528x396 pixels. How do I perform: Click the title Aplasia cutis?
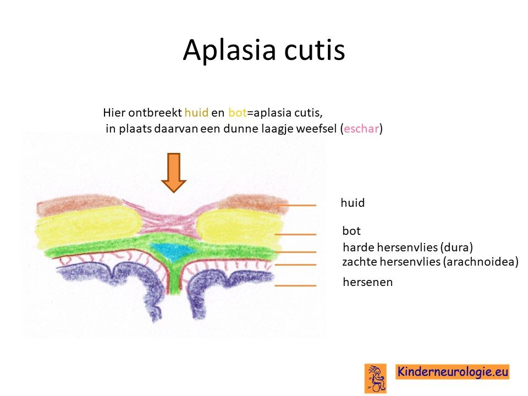pyautogui.click(x=264, y=50)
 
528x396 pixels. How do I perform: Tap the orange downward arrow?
pyautogui.click(x=174, y=173)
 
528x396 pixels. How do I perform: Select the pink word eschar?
pyautogui.click(x=361, y=128)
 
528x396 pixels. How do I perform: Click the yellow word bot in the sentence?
pyautogui.click(x=238, y=112)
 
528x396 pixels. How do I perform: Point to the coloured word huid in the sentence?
pyautogui.click(x=196, y=112)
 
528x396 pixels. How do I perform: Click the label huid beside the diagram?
pyautogui.click(x=353, y=203)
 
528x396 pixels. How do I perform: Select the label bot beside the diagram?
pyautogui.click(x=351, y=230)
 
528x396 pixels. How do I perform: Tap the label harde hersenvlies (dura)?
pyautogui.click(x=408, y=247)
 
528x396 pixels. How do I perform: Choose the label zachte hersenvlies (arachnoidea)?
pyautogui.click(x=430, y=262)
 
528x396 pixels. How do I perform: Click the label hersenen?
pyautogui.click(x=368, y=282)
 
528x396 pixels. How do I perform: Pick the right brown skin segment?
pyautogui.click(x=253, y=203)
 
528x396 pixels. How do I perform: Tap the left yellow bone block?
pyautogui.click(x=88, y=230)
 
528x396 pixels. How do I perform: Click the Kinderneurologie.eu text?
pyautogui.click(x=453, y=372)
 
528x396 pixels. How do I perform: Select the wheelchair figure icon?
pyautogui.click(x=376, y=378)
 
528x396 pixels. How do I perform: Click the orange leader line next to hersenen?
pyautogui.click(x=295, y=285)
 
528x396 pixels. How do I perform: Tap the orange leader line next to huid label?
pyautogui.click(x=295, y=205)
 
